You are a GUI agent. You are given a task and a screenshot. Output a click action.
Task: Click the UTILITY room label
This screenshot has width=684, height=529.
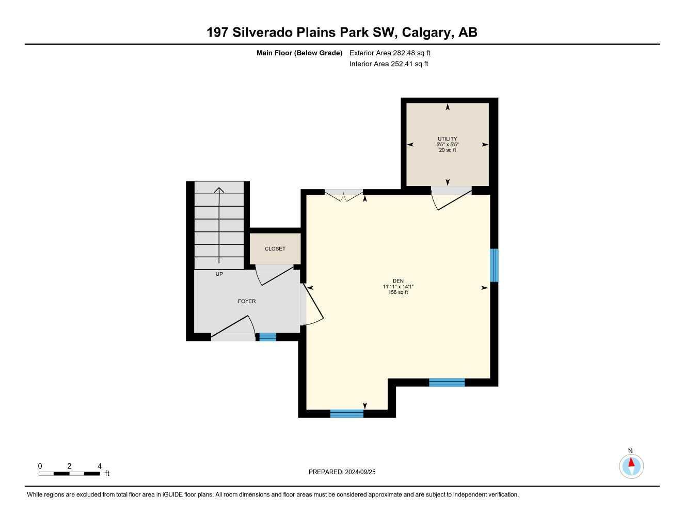pyautogui.click(x=447, y=138)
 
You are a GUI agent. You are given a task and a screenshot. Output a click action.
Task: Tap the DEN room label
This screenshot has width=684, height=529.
pyautogui.click(x=398, y=281)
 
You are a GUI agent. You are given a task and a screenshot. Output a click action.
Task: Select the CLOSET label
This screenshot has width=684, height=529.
pyautogui.click(x=275, y=249)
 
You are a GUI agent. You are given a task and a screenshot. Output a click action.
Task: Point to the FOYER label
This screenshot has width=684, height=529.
pyautogui.click(x=246, y=301)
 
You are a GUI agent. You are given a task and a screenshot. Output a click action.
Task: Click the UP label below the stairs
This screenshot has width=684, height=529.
pyautogui.click(x=219, y=274)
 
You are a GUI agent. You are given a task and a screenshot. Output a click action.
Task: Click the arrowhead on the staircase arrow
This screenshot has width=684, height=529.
pyautogui.click(x=219, y=190)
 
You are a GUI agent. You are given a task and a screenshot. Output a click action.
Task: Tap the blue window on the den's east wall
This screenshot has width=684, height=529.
pyautogui.click(x=494, y=265)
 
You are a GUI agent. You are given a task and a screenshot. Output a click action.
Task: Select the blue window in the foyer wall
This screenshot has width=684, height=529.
pyautogui.click(x=267, y=337)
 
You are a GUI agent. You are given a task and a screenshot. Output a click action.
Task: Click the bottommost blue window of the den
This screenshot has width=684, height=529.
pyautogui.click(x=346, y=414)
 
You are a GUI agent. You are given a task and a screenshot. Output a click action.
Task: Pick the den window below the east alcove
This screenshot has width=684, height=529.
pyautogui.click(x=447, y=382)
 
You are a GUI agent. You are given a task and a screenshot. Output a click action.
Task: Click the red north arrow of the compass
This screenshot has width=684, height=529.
pyautogui.click(x=631, y=462)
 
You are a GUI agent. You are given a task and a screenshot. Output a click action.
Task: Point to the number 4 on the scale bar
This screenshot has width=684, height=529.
pyautogui.click(x=100, y=466)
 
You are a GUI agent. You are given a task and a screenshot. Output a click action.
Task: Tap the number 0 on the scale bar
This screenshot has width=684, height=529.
pyautogui.click(x=40, y=466)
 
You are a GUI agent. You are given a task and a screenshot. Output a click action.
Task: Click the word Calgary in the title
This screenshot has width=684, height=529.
pyautogui.click(x=426, y=33)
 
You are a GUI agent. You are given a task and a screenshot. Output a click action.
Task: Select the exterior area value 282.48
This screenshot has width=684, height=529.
pyautogui.click(x=404, y=53)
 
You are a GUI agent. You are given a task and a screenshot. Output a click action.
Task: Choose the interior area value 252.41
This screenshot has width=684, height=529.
pyautogui.click(x=402, y=64)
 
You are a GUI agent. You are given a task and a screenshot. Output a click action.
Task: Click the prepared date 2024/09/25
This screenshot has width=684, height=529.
pyautogui.click(x=360, y=472)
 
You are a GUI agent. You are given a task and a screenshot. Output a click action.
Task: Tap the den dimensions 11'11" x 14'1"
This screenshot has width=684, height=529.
pyautogui.click(x=398, y=287)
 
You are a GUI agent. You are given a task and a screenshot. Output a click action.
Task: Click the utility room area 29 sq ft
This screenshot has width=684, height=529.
pyautogui.click(x=447, y=150)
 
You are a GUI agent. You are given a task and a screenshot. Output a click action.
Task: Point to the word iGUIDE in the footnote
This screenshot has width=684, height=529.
pyautogui.click(x=172, y=495)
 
